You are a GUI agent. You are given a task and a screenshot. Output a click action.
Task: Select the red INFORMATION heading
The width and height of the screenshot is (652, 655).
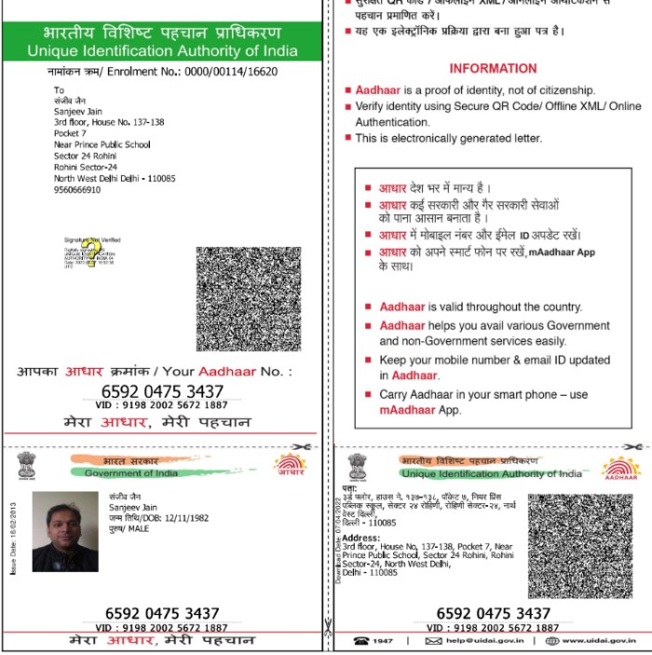tap(493, 68)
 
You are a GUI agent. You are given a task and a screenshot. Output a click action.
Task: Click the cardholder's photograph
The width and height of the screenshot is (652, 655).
tap(65, 531)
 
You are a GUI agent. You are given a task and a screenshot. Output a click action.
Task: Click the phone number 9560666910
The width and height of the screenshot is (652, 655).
tap(76, 188)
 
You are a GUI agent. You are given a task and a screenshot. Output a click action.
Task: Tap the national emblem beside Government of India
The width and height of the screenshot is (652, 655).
tap(25, 465)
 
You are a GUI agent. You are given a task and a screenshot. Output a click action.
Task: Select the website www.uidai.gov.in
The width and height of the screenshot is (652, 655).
tap(599, 641)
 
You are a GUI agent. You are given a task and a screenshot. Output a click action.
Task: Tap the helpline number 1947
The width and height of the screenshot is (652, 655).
tap(382, 641)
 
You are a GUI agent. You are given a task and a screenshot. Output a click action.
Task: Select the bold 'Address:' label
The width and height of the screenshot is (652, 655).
tap(360, 538)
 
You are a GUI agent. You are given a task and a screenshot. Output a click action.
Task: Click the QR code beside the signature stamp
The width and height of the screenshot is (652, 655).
tap(249, 298)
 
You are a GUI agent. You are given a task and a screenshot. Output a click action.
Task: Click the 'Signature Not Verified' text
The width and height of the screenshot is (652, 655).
tap(92, 239)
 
